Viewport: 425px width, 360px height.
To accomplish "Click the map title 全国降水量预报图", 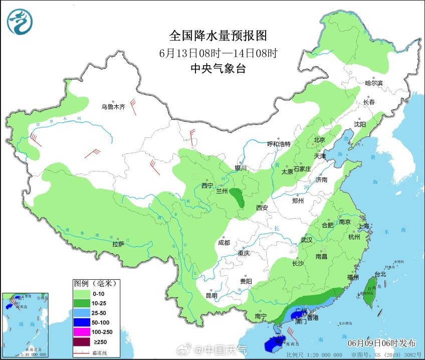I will coord(218,36).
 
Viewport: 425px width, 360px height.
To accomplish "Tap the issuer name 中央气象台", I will coord(218,69).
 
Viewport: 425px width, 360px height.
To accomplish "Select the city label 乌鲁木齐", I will coord(113,107).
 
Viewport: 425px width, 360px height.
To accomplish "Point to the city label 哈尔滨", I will coord(373,83).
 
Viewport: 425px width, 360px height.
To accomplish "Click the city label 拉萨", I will coord(118,244).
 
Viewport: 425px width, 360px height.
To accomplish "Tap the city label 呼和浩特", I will coord(279,144).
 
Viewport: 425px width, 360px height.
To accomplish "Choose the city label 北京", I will coord(319,140).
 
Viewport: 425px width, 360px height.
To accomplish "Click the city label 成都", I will coord(224,243).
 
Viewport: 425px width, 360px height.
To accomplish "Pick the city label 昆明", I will coord(211,295).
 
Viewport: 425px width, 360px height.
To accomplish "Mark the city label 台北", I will coord(380,274).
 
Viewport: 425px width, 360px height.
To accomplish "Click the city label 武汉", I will coord(306,240).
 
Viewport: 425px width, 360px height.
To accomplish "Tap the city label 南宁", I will coord(260,316).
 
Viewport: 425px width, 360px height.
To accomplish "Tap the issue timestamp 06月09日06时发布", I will coord(382,343).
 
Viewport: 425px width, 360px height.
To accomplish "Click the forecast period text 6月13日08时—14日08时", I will coord(218,53).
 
